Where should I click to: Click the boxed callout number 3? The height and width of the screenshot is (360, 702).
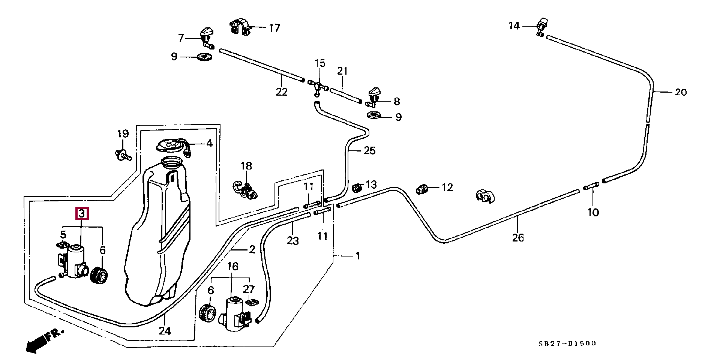coord(82,214)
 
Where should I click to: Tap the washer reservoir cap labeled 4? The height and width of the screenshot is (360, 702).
coord(172,145)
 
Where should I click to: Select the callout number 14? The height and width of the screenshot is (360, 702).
coord(514,26)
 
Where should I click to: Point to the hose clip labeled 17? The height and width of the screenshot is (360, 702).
coord(240,27)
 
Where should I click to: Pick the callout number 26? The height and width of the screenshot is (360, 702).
coord(518,237)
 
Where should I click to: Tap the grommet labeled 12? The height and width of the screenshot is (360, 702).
coord(422,189)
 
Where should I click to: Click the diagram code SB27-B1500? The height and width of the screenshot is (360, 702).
coord(567,343)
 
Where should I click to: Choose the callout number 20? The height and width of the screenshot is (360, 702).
coord(681,92)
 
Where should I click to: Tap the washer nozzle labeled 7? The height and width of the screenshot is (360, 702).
coord(206,37)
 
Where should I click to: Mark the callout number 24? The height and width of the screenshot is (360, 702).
coord(165,331)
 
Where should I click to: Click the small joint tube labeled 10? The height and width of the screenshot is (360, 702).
coord(591,186)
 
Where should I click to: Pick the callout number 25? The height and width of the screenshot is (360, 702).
coord(369,150)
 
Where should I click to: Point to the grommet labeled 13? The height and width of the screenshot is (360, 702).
coord(357,187)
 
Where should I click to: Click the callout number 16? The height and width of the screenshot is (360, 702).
coord(232,266)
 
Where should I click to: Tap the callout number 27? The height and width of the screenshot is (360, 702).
coord(249,289)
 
